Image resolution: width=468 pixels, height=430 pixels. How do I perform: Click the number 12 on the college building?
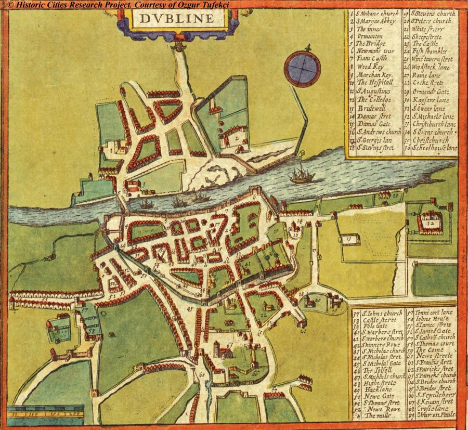tap(431, 223)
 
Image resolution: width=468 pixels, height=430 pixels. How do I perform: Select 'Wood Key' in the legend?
tap(370, 67)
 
